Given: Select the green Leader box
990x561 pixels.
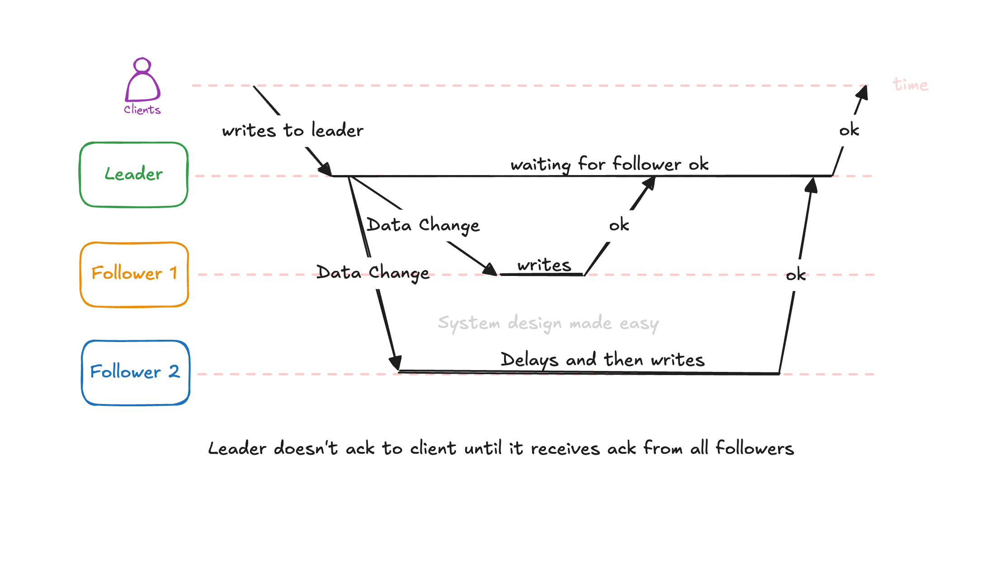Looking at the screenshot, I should (x=134, y=175).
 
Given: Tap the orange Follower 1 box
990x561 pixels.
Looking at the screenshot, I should (x=134, y=274).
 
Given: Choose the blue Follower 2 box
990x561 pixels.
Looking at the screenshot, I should (x=135, y=372).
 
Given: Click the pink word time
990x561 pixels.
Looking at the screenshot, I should (x=910, y=85).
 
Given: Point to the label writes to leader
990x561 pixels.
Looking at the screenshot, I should (x=292, y=130).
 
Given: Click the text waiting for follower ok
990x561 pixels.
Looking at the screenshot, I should (x=609, y=164).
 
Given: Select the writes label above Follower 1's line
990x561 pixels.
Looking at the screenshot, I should (x=544, y=265).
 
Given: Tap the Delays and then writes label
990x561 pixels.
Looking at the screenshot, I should (x=602, y=360).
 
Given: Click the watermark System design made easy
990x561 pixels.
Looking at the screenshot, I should (x=548, y=323).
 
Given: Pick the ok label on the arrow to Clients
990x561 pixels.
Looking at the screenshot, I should (x=849, y=130).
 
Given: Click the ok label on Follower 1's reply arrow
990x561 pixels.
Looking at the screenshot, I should (x=619, y=225).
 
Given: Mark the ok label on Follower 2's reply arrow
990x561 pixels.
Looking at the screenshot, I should (x=796, y=275).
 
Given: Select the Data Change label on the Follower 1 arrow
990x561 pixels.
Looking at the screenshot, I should (x=423, y=225).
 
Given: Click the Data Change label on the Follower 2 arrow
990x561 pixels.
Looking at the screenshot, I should (x=372, y=272).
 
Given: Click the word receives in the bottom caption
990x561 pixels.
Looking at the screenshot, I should (x=565, y=448).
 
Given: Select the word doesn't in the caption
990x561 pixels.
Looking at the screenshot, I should (x=306, y=448).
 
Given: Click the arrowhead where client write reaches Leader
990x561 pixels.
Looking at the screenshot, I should (x=326, y=170).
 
